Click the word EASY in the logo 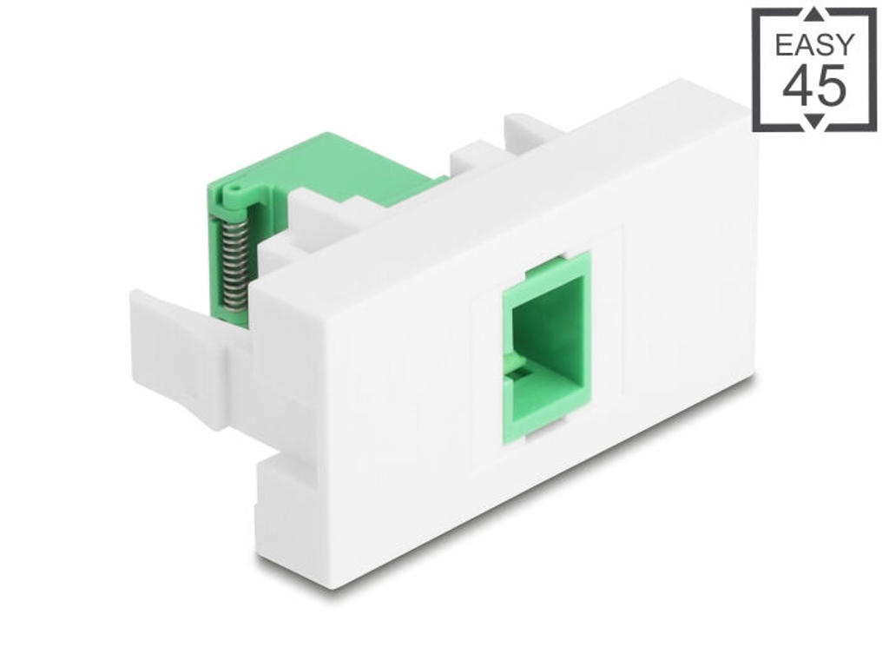point(814,44)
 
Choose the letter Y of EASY point(844,44)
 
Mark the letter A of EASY point(804,44)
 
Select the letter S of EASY point(825,44)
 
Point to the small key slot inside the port point(519,375)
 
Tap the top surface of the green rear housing point(347,161)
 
